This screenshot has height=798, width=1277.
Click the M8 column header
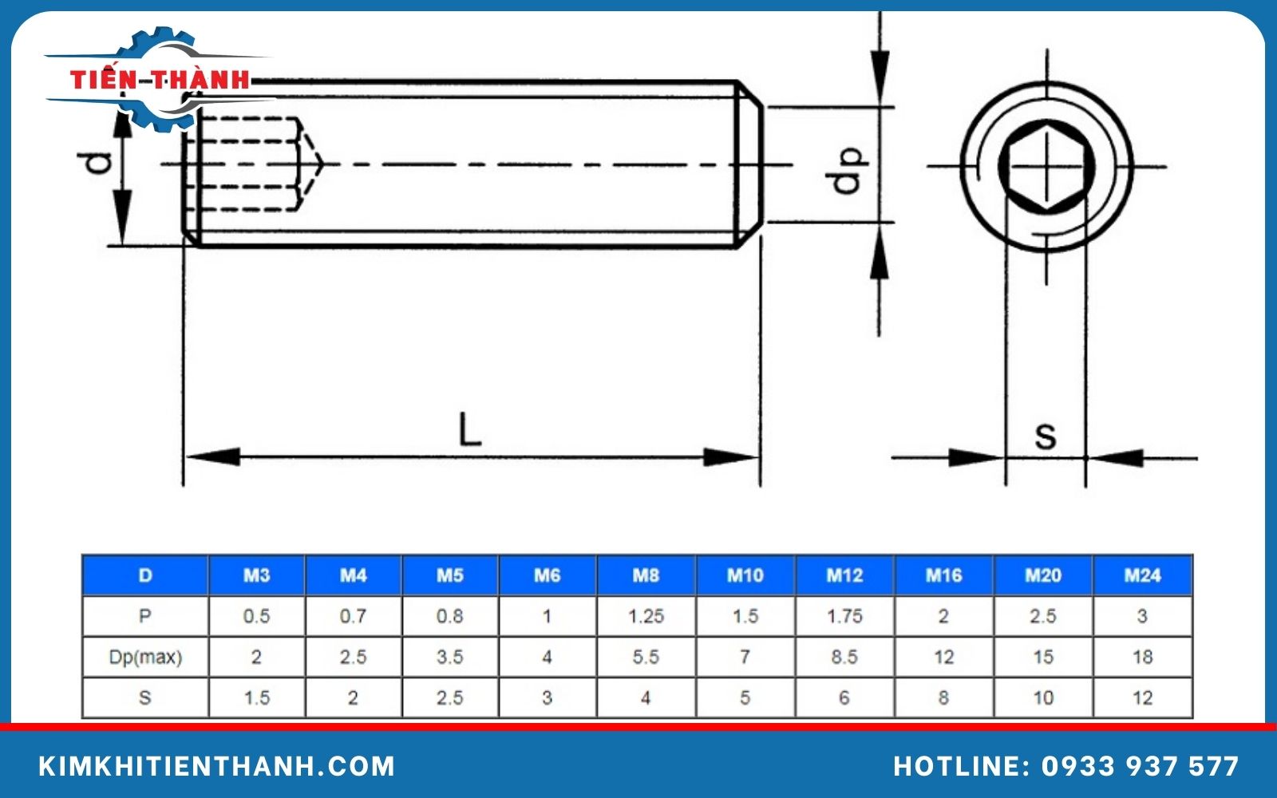tap(646, 575)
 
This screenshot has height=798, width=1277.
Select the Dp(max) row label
tap(145, 657)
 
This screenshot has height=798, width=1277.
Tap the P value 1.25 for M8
tap(646, 616)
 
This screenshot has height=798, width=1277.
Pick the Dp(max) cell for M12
tap(844, 657)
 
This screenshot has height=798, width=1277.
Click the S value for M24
tap(1142, 697)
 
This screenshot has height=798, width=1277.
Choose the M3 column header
tap(256, 575)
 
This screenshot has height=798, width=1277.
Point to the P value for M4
tap(353, 616)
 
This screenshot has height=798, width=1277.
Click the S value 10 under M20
tap(1042, 697)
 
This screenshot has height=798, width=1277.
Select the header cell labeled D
tap(145, 575)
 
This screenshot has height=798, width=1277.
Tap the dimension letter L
tap(469, 429)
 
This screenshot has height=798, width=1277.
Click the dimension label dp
tap(848, 169)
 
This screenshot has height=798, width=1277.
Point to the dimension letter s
tap(1045, 436)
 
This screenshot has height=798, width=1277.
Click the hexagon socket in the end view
tap(1046, 168)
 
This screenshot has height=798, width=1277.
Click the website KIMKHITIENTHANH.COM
tap(217, 766)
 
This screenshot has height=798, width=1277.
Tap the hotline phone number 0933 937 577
tap(1140, 766)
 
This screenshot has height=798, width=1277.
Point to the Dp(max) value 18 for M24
tap(1142, 657)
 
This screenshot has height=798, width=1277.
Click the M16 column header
tap(943, 575)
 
